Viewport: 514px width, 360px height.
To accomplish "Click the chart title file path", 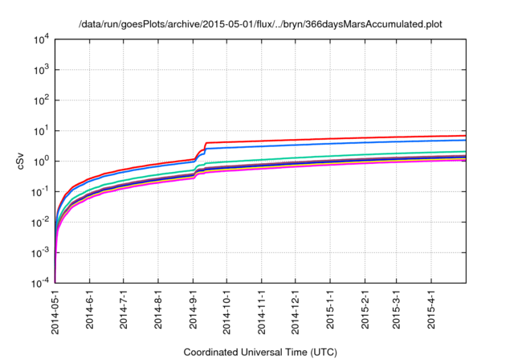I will click(x=260, y=24).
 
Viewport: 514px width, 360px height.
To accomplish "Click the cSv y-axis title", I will click(x=22, y=161).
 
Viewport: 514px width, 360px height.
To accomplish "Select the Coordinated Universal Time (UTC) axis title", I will click(x=260, y=351).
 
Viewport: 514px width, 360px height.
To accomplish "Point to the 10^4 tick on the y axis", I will click(x=41, y=39).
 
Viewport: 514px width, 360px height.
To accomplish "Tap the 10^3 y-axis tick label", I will click(x=41, y=69).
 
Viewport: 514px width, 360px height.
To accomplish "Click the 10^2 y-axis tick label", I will click(x=41, y=100).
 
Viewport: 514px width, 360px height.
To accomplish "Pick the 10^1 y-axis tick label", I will click(x=41, y=130).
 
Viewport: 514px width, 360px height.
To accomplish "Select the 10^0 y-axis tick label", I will click(x=41, y=161).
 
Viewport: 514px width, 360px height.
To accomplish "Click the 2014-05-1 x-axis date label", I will click(x=55, y=310).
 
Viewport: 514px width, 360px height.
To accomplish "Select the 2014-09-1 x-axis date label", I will click(x=193, y=310).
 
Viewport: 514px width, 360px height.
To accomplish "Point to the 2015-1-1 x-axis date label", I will click(x=330, y=309).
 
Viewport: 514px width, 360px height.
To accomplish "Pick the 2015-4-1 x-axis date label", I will click(x=431, y=309).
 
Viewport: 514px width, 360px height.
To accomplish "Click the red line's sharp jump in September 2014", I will click(x=206, y=149).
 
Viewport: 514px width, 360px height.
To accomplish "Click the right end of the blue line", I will click(x=465, y=141).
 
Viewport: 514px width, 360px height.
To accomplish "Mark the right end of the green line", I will click(x=465, y=151).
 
